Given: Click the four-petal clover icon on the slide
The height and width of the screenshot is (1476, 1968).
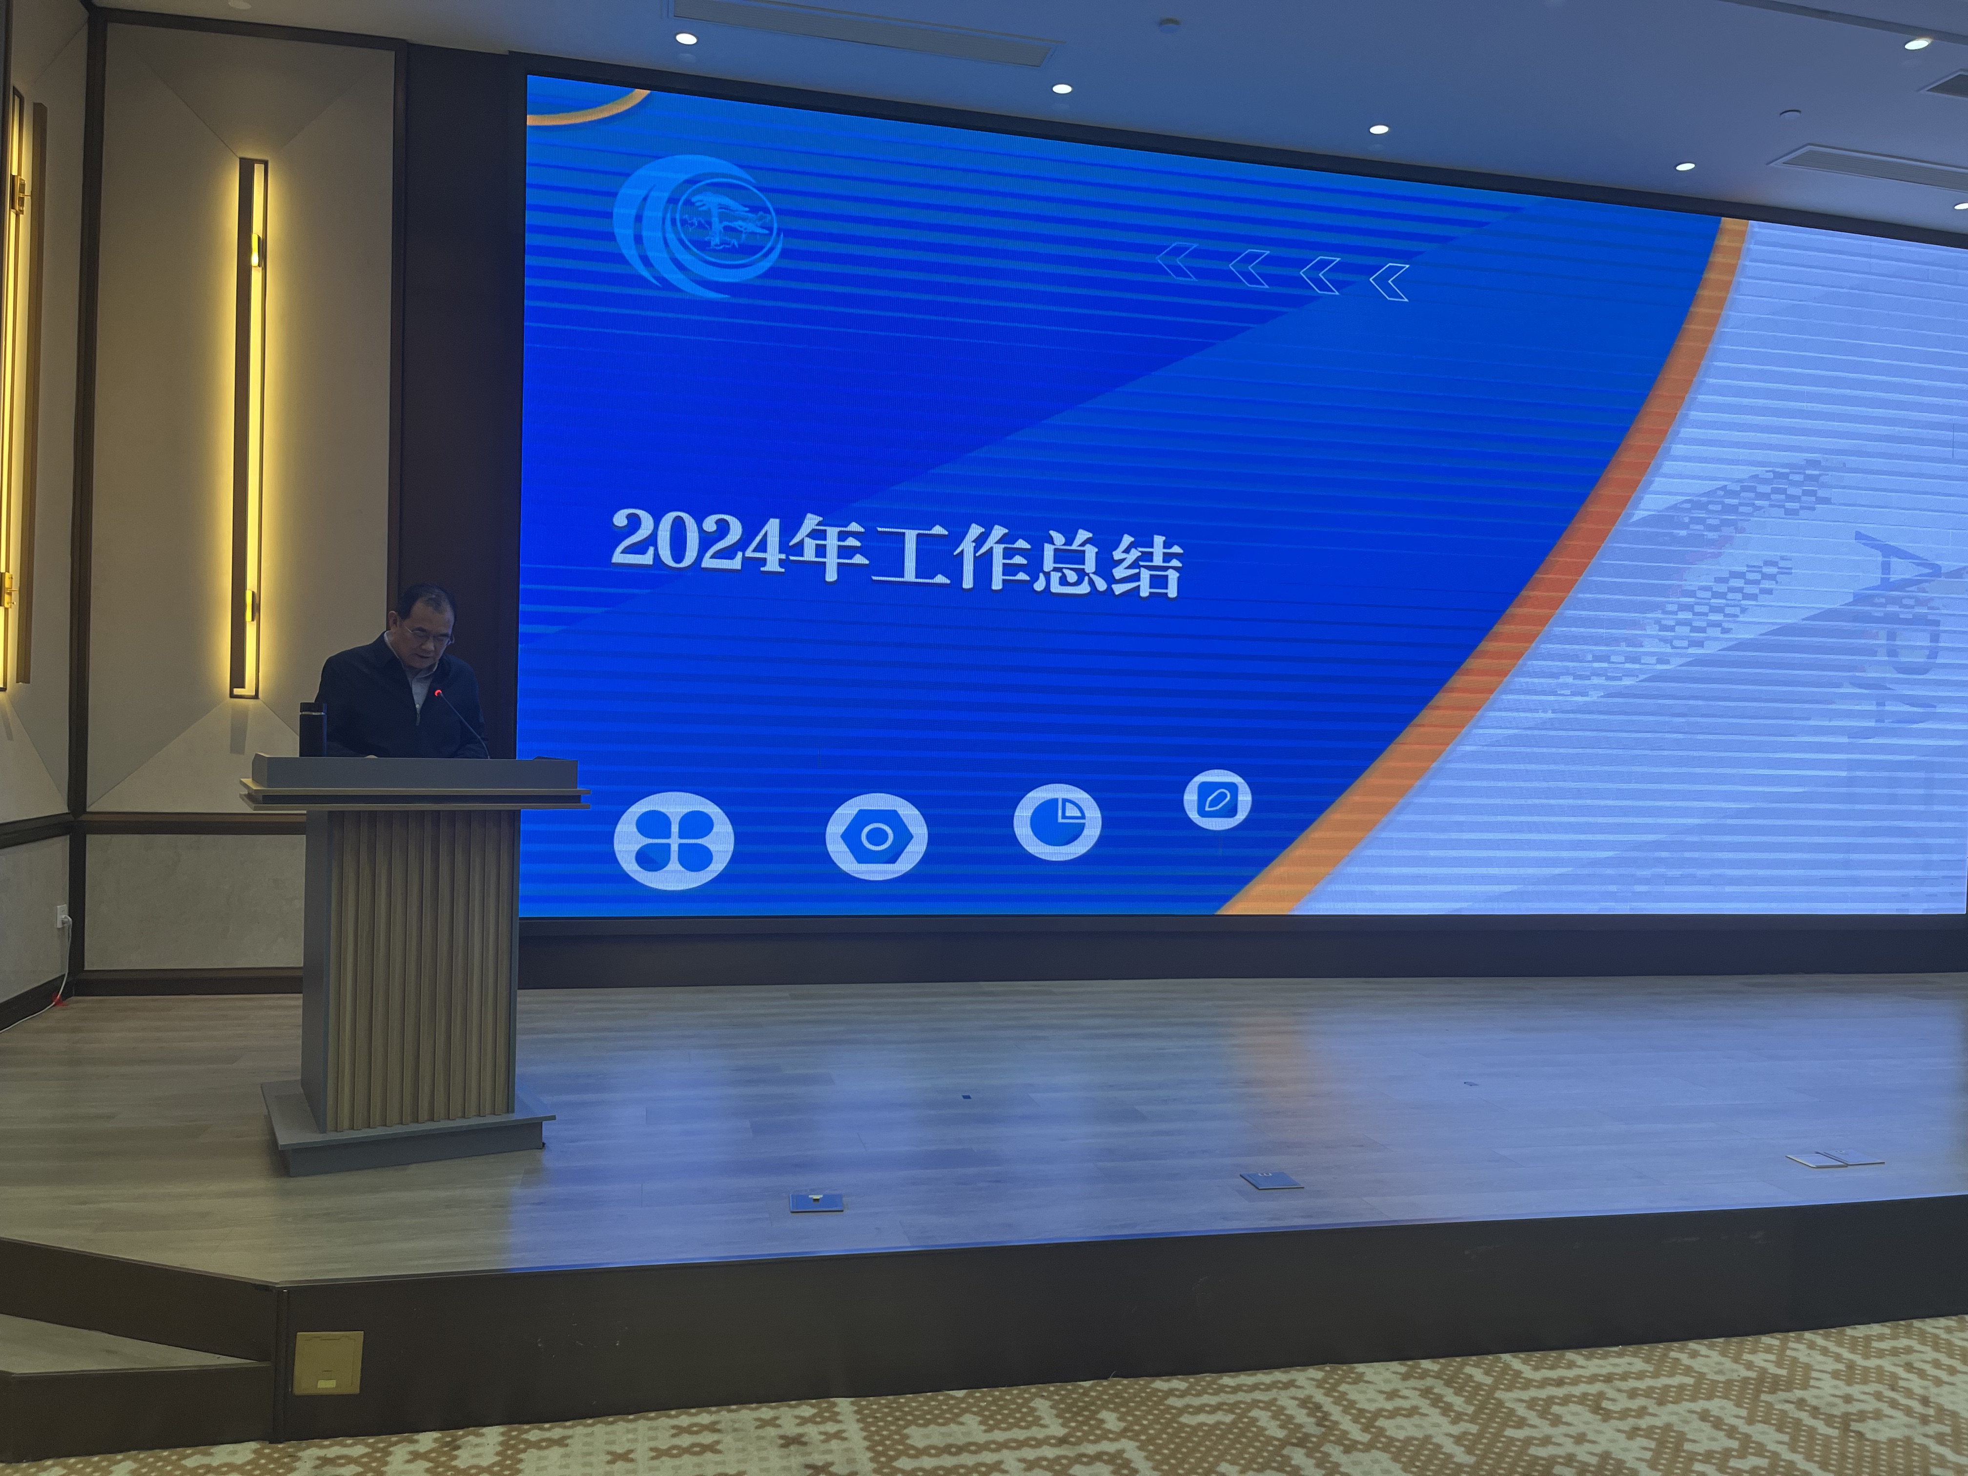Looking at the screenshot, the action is coord(674,840).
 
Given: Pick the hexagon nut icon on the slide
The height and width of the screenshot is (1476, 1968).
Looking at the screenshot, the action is coord(876,836).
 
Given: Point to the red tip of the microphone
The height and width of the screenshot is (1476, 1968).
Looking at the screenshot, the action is coord(437,691).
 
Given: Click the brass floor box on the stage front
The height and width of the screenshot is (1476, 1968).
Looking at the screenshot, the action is coord(328,1361).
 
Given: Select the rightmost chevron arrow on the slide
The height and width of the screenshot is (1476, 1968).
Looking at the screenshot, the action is coord(1389,282).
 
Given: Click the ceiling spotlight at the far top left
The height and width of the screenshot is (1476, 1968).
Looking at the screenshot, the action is coord(685,38).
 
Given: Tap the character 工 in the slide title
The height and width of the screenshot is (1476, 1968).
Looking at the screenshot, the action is coord(910,554).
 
